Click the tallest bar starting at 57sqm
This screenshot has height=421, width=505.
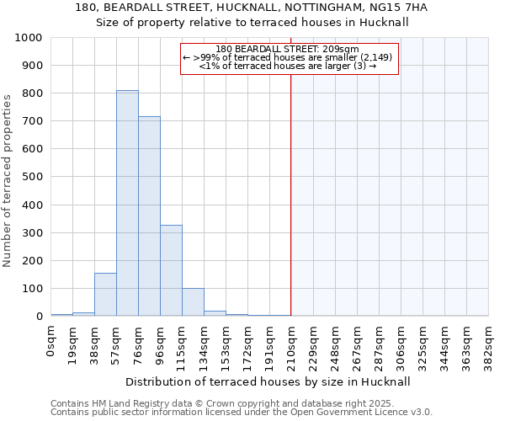(x=127, y=203)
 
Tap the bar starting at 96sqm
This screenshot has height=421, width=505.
(x=171, y=270)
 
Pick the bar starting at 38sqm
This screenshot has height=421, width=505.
(x=105, y=295)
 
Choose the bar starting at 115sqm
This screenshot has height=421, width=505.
(x=193, y=302)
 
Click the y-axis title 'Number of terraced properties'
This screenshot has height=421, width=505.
(x=8, y=180)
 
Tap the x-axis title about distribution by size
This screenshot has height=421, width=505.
(x=269, y=381)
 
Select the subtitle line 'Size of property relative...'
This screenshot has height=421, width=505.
(x=252, y=23)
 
